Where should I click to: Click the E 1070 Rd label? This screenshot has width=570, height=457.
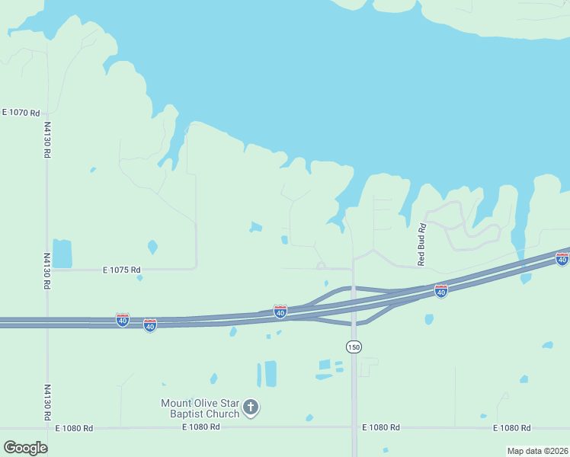(21, 112)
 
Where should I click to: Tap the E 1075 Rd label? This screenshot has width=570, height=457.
(122, 270)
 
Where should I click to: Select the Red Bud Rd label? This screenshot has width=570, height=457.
(421, 244)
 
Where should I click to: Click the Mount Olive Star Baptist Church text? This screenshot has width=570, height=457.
(200, 408)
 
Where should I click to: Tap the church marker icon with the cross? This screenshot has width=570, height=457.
(251, 408)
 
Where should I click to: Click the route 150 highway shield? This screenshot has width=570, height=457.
(354, 347)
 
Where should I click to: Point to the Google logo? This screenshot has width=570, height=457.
(26, 447)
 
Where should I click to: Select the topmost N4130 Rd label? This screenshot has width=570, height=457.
(47, 140)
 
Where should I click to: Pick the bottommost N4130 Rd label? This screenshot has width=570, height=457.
(47, 402)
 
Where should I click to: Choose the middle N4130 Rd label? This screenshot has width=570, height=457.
(47, 271)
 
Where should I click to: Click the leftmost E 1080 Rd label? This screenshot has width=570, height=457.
(74, 428)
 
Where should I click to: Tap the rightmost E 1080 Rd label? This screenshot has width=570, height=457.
(512, 428)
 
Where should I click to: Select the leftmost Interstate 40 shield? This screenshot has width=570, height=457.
(122, 319)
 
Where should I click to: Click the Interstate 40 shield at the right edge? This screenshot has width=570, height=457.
(562, 258)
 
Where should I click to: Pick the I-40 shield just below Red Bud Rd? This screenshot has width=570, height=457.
(440, 291)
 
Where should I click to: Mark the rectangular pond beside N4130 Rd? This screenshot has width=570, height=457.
(62, 254)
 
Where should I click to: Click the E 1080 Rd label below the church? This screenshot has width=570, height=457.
(201, 428)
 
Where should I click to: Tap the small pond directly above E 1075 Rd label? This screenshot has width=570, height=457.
(152, 247)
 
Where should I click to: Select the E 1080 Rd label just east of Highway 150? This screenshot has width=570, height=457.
(381, 428)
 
